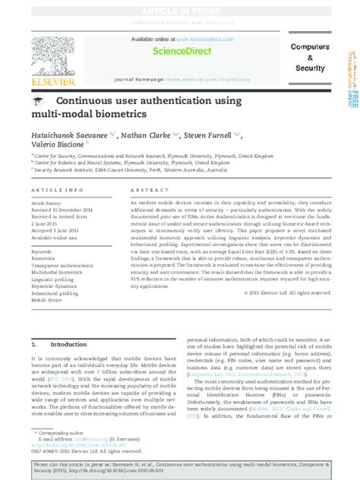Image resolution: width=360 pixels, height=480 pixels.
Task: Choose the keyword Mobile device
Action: click(46, 299)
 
